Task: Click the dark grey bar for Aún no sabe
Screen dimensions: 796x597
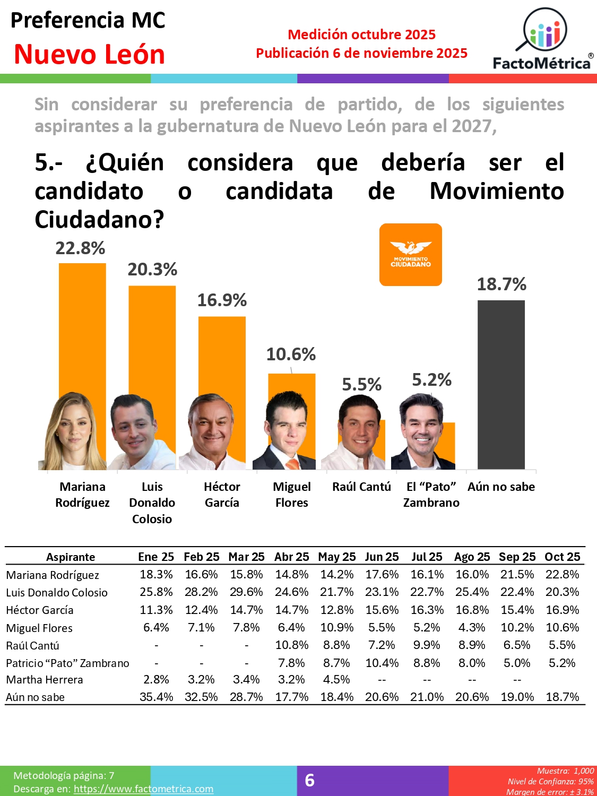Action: point(501,384)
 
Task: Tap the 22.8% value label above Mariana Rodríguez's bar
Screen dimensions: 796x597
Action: point(81,248)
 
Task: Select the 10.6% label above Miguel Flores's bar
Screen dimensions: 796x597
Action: point(291,354)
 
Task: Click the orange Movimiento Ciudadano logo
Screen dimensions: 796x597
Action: point(411,255)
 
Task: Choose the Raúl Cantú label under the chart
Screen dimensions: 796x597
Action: point(361,487)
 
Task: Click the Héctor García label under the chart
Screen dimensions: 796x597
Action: point(222,495)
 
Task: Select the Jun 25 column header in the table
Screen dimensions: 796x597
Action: point(382,557)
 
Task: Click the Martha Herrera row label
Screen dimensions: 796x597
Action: point(45,680)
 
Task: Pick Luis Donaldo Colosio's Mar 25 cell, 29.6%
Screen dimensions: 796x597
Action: point(246,592)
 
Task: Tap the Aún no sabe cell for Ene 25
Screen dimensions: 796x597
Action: point(156,697)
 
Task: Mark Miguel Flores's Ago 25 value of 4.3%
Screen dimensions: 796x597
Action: point(472,627)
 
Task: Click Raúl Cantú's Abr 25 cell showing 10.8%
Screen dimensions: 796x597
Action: point(291,645)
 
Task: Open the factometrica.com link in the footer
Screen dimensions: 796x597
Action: point(143,789)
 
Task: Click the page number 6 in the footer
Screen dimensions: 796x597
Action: point(310,780)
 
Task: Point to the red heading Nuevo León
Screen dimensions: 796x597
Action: point(89,54)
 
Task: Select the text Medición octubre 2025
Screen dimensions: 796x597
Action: point(361,34)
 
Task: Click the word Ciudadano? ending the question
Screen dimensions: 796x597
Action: point(99,219)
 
